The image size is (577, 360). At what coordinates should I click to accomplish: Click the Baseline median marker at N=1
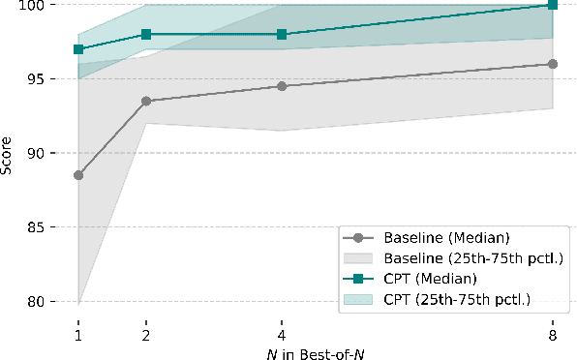[x=78, y=175]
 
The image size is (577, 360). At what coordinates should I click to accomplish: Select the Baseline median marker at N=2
[x=145, y=101]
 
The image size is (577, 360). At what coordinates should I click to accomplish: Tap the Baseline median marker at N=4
[x=282, y=86]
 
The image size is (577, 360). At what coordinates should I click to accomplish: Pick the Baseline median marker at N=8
[x=553, y=64]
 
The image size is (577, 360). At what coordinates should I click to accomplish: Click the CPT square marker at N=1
[x=78, y=49]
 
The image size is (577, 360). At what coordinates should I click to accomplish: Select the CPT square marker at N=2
[x=145, y=34]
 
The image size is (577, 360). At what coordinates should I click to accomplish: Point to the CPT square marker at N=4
[x=282, y=34]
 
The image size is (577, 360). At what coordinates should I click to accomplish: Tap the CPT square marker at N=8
[x=553, y=5]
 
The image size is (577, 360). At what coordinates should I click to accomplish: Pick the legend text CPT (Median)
[x=424, y=278]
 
